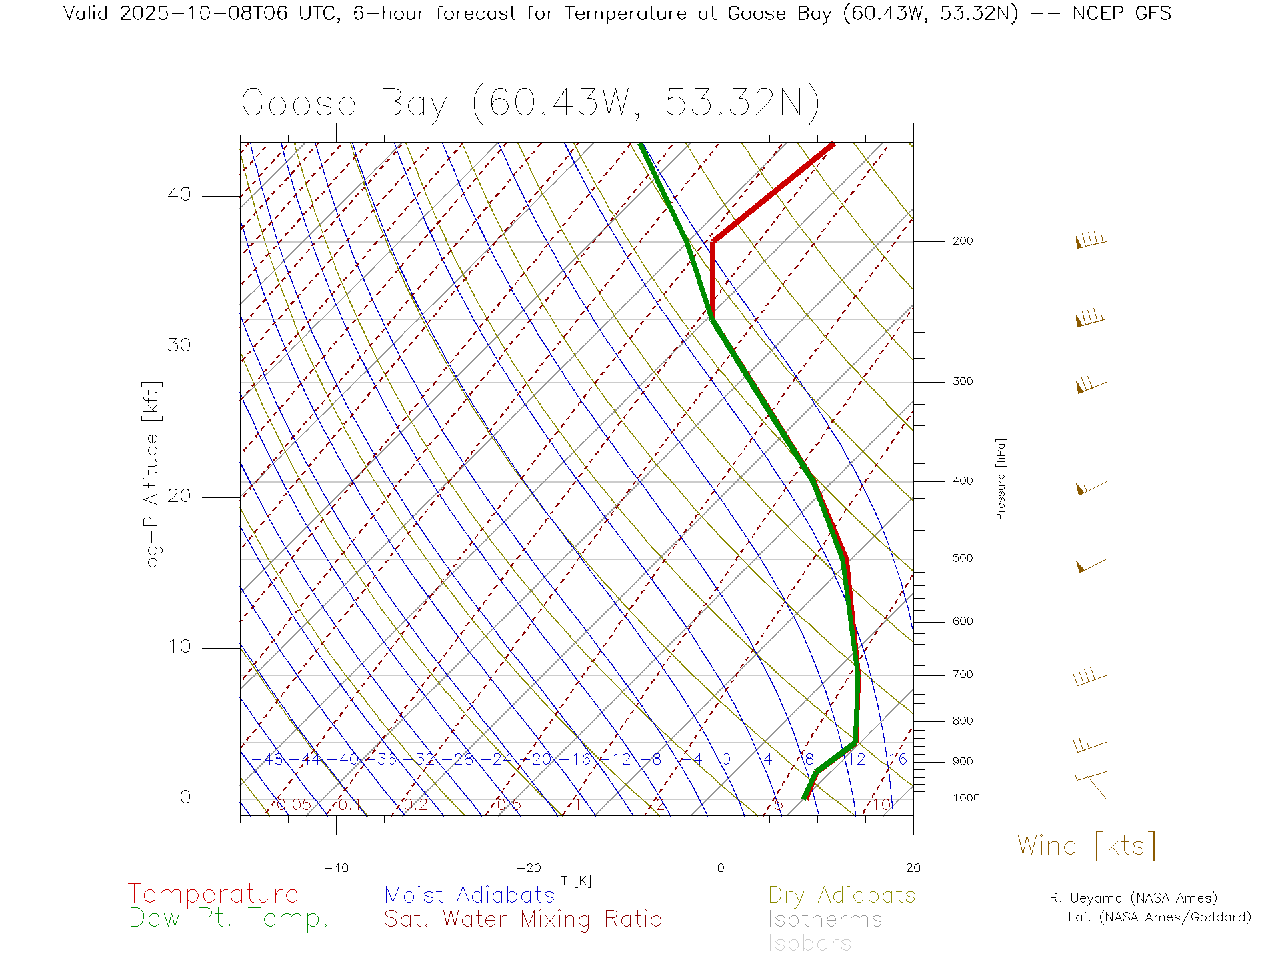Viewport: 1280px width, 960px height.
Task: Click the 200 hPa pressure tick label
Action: tap(962, 241)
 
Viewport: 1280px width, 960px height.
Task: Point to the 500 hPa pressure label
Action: tap(962, 559)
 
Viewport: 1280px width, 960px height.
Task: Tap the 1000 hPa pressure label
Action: tap(966, 798)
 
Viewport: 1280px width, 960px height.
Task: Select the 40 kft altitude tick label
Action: tap(179, 195)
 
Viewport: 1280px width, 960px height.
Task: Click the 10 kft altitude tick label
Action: tap(179, 647)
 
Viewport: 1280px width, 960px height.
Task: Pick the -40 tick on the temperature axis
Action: tap(336, 868)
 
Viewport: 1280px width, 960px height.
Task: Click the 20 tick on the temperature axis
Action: tap(913, 868)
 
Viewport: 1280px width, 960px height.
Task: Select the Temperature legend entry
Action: tap(213, 894)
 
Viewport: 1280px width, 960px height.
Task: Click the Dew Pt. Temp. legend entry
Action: tap(229, 919)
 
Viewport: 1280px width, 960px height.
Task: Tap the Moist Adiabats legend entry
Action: tap(469, 895)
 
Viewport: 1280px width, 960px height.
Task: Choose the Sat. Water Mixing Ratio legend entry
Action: tap(523, 919)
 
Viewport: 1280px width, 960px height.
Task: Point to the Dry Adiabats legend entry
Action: tap(841, 895)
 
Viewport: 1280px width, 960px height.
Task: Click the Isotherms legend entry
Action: tap(825, 919)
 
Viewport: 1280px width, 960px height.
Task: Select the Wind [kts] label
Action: tap(1087, 845)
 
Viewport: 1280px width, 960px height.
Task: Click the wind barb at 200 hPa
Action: tap(1091, 241)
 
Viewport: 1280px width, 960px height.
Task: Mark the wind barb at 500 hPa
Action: tap(1091, 565)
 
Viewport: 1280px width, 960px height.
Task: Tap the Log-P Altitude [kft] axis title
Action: tap(152, 480)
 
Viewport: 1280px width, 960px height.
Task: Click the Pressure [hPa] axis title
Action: tap(1001, 479)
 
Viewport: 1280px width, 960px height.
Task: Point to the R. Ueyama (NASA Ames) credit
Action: tap(1133, 898)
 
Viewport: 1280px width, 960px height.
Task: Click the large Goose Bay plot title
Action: tap(530, 103)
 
